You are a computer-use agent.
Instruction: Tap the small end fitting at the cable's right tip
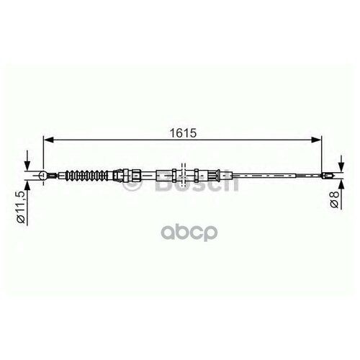pyautogui.click(x=329, y=174)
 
